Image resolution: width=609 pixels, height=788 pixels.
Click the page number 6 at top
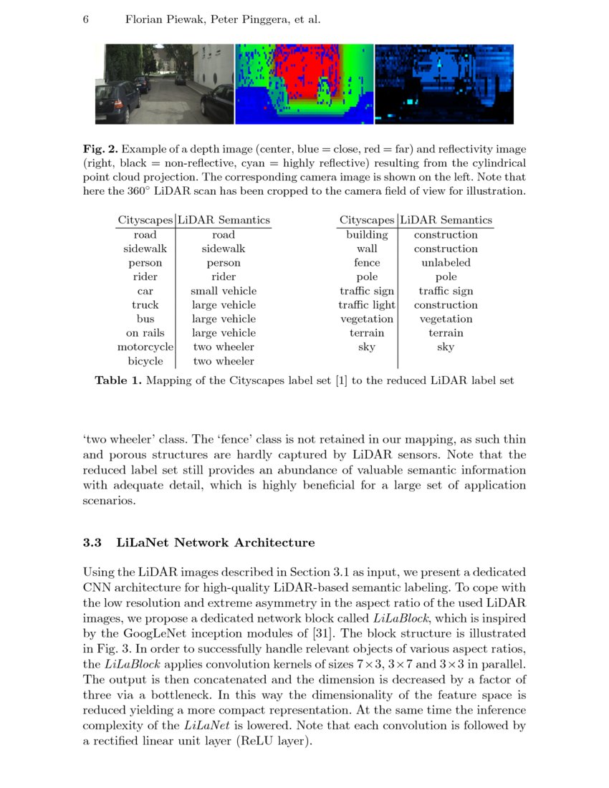(x=86, y=19)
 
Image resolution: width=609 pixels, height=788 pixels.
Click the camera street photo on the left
(x=164, y=84)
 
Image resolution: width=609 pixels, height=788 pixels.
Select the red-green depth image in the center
(x=304, y=84)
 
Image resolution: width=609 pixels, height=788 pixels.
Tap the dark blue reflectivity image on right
(x=444, y=84)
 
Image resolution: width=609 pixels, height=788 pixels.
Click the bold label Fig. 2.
(x=100, y=149)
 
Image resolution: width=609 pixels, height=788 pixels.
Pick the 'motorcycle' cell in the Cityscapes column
(x=145, y=347)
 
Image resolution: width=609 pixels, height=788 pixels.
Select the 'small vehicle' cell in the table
(x=224, y=291)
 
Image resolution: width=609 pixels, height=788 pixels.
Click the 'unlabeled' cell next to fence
(x=446, y=263)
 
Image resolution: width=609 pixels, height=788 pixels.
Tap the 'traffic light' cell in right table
(x=367, y=305)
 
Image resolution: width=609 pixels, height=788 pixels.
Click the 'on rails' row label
(x=145, y=333)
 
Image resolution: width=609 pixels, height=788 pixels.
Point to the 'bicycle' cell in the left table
(x=145, y=361)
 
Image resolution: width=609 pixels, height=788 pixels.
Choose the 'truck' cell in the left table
(x=145, y=305)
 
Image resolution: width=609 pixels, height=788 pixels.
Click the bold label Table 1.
(x=118, y=381)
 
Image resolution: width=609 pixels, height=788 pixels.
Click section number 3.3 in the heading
(x=93, y=543)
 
